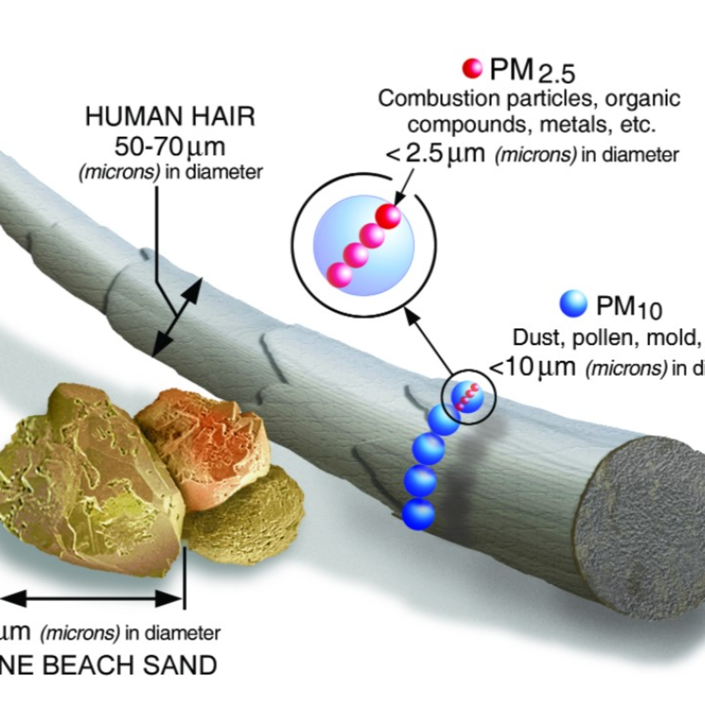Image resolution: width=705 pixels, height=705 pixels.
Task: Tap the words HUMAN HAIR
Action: (170, 117)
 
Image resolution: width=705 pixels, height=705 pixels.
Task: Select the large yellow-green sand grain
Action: (84, 489)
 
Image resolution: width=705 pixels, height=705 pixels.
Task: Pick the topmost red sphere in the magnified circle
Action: (388, 216)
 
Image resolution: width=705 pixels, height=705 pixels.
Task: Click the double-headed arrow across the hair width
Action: (178, 317)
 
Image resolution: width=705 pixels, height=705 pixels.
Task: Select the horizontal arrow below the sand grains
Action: (91, 599)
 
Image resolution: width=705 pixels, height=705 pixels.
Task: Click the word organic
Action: (642, 99)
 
